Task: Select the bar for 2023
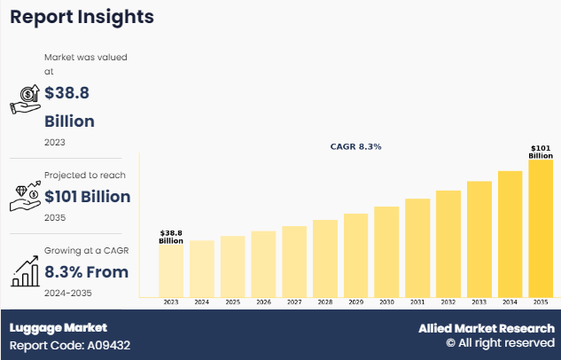click(x=171, y=270)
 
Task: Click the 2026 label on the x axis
click(x=263, y=302)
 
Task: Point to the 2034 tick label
click(x=510, y=302)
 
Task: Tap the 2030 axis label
click(x=386, y=302)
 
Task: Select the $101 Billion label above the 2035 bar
click(x=541, y=152)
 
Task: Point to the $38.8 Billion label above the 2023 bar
click(x=171, y=237)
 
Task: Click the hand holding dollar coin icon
click(x=25, y=99)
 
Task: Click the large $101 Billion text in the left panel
click(x=87, y=196)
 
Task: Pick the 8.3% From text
click(x=86, y=271)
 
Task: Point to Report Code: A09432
click(x=70, y=345)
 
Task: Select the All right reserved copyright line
click(x=500, y=343)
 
